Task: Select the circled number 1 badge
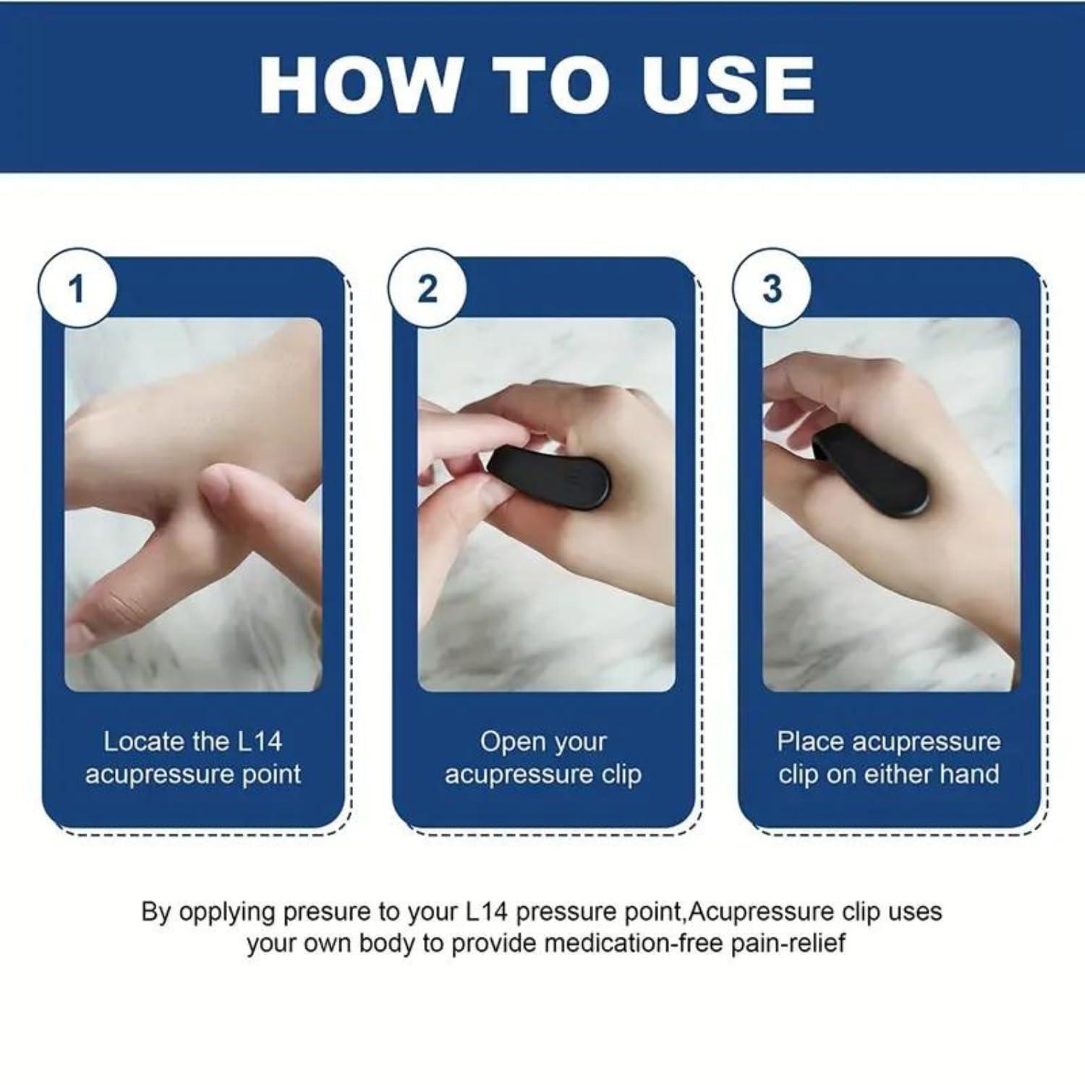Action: [x=77, y=289]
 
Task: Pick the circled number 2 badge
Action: [x=427, y=289]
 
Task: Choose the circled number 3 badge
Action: [x=772, y=289]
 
